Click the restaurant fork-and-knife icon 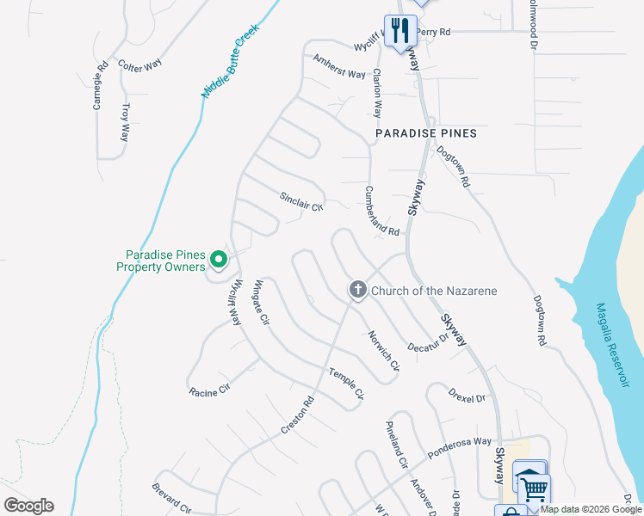tap(399, 31)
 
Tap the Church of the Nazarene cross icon tap(357, 291)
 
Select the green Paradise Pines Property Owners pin tap(219, 258)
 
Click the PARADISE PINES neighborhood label tap(426, 134)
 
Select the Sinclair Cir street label tap(300, 201)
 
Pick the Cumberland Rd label tap(381, 212)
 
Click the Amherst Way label tap(339, 67)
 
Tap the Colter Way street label tap(139, 65)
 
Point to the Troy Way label tap(126, 123)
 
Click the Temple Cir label tap(347, 384)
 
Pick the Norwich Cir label tap(383, 351)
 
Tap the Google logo tap(28, 506)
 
